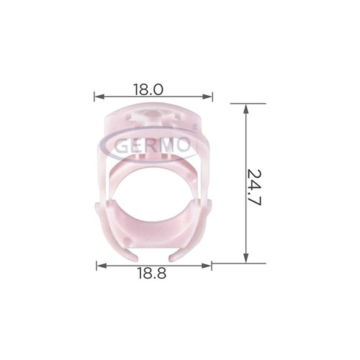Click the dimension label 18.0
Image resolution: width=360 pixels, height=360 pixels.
[x=148, y=89]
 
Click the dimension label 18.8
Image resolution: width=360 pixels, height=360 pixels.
[x=152, y=273]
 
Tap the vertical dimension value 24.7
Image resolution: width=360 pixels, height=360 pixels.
[x=254, y=187]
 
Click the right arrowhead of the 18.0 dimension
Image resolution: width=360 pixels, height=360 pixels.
[x=207, y=96]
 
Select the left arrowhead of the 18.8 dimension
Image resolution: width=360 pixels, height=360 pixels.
[x=102, y=266]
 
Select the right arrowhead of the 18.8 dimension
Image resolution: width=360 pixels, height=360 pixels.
[x=206, y=266]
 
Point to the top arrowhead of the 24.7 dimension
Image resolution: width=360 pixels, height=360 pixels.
[x=246, y=109]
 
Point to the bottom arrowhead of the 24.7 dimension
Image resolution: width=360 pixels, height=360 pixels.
[x=246, y=258]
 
